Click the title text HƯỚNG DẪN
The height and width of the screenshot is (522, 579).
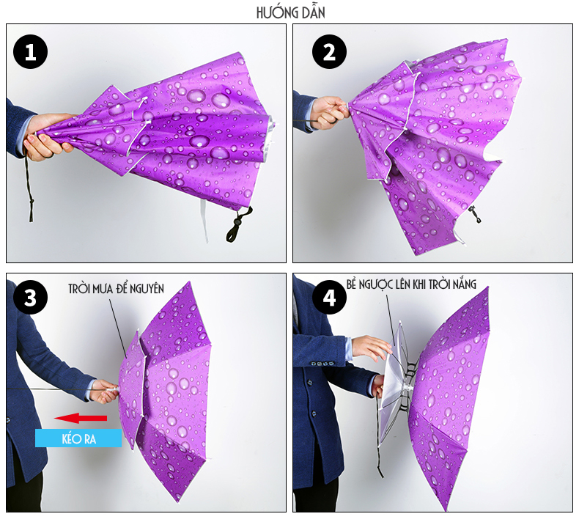coord(291,12)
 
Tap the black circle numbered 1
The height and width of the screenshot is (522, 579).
coord(30,52)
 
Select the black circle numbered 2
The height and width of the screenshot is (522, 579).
coord(329,52)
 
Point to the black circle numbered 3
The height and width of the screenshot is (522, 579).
coord(30,298)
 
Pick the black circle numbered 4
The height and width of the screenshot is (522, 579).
coord(329,298)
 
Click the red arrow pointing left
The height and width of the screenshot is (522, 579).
coord(81,418)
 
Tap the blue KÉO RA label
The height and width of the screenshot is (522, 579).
coord(78,438)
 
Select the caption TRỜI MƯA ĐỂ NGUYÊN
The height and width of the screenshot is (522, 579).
coord(116,289)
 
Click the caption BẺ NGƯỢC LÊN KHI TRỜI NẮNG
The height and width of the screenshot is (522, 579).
coord(411,284)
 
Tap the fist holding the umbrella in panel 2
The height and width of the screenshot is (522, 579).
coord(330,112)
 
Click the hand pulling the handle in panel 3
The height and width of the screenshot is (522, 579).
coord(104,391)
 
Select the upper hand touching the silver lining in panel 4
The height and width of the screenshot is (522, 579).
coord(370,348)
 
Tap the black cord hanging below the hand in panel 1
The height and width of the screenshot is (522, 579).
coord(29,188)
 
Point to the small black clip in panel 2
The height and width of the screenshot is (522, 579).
coord(475,215)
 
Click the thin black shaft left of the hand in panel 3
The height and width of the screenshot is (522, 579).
coord(48,389)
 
